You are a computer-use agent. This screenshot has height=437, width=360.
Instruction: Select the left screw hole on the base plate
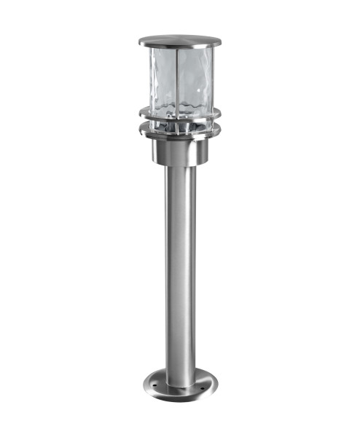coord(153,379)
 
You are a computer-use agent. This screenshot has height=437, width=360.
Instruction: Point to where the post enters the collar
coord(180,167)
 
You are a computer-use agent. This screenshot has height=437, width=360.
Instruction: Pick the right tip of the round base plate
coord(216,381)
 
